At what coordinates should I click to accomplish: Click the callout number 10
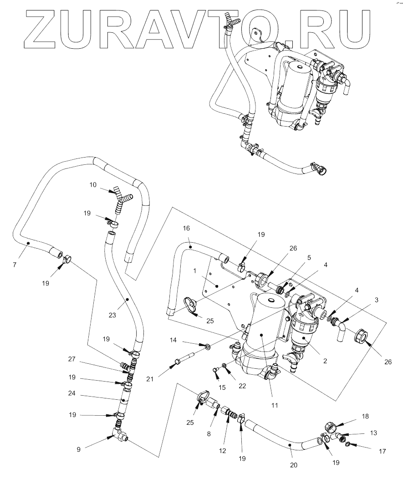93,185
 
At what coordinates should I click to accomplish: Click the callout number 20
294,465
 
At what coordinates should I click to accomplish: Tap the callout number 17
382,451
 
